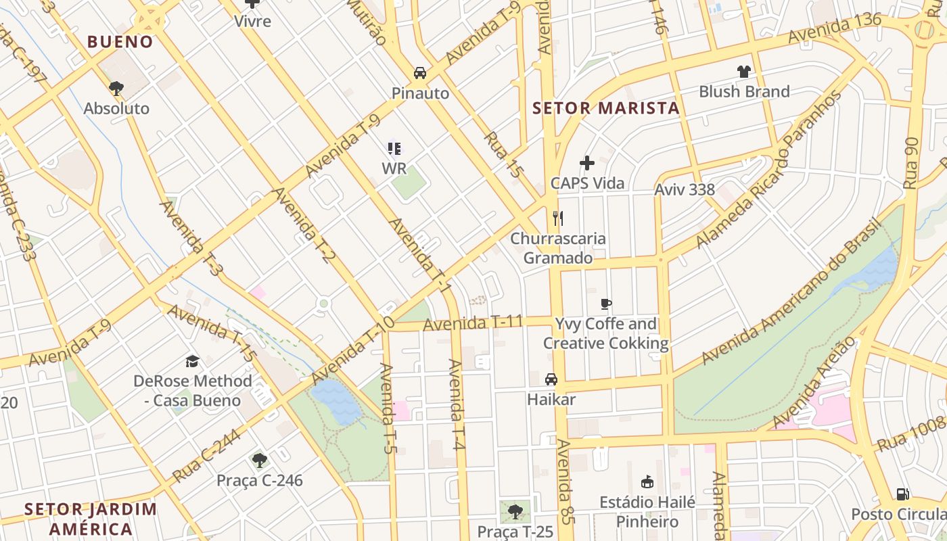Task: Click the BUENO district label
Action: pos(120,42)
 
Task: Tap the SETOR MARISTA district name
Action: pos(605,108)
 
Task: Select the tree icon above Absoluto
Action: pos(116,88)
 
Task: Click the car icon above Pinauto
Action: pos(420,73)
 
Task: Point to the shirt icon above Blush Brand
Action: pos(744,72)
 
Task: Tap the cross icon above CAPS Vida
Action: pos(587,163)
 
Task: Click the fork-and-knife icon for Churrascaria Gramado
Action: pos(558,218)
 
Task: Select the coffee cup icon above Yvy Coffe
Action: pos(606,304)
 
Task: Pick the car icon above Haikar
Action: pos(551,379)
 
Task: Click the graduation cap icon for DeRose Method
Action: pos(193,361)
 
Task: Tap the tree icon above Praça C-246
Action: pos(259,461)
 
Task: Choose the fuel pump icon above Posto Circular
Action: pos(902,494)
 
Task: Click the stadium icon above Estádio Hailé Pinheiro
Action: pos(647,482)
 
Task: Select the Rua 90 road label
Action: pos(911,162)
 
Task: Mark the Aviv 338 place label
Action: pos(685,189)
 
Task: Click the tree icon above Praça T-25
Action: pos(515,511)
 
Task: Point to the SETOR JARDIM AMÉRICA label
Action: pos(91,519)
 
